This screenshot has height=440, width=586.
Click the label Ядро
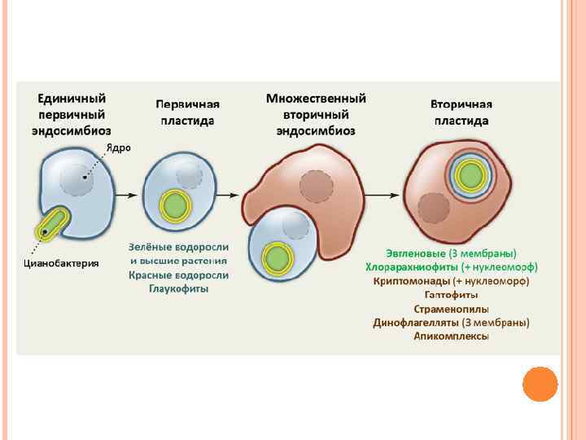pos(116,147)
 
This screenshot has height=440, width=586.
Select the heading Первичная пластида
pos(187,112)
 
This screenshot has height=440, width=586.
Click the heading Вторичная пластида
pos(461,112)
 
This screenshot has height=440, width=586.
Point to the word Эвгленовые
pos(415,253)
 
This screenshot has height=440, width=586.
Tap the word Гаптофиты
pos(451,295)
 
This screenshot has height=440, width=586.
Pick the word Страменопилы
pos(451,309)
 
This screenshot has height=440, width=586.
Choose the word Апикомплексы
pos(451,337)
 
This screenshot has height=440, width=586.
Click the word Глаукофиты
pos(178,289)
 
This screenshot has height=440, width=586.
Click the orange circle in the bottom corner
pos(540,383)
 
